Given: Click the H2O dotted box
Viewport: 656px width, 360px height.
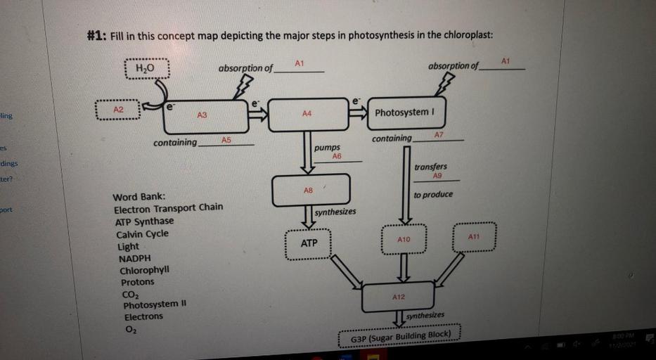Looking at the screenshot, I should click(145, 69).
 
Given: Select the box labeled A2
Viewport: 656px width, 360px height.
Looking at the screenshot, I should click(118, 111).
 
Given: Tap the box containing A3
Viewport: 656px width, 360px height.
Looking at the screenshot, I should click(205, 115).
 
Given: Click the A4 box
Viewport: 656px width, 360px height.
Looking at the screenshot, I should click(308, 114).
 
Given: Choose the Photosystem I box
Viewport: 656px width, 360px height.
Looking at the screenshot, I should click(406, 112).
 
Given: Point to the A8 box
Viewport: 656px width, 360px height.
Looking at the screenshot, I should click(310, 191).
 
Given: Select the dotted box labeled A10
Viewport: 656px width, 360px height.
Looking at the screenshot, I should click(403, 240).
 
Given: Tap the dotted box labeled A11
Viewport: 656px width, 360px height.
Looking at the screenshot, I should click(474, 237).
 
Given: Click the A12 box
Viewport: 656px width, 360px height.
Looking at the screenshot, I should click(398, 297).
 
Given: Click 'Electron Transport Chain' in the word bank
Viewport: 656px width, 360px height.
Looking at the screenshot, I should click(168, 208).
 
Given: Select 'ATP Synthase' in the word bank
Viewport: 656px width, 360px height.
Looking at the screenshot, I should click(144, 221).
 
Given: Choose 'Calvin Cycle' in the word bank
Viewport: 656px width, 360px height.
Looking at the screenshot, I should click(142, 233).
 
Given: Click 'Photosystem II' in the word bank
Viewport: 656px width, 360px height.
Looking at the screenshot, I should click(153, 305).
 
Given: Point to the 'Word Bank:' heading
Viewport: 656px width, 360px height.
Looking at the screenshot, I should click(139, 195).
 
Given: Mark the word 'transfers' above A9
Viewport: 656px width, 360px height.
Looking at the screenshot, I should click(430, 167).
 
